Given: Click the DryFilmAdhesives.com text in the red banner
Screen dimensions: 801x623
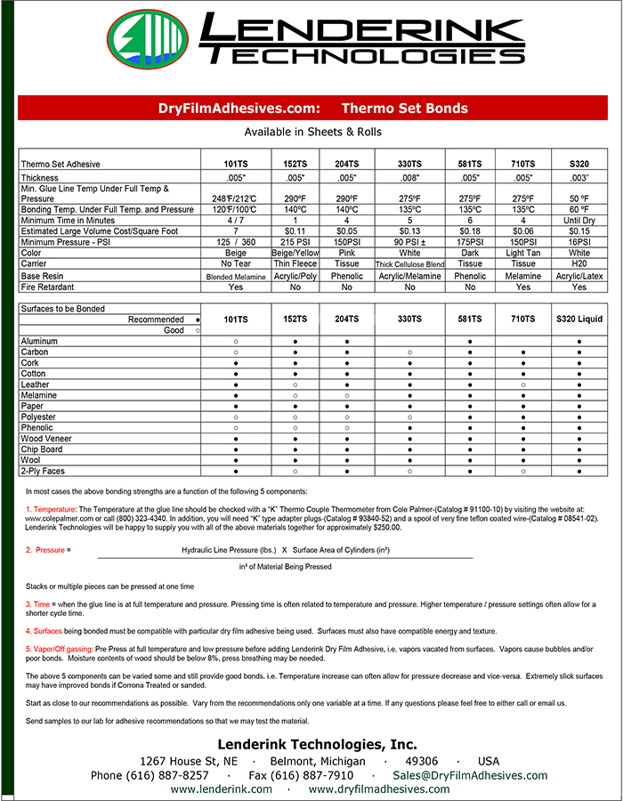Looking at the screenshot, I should [x=239, y=109].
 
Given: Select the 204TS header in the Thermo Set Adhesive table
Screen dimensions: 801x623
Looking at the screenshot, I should [x=347, y=164].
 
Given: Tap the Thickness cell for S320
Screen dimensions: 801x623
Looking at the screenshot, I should [x=579, y=177].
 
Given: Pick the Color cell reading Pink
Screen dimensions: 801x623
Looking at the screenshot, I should [x=347, y=253].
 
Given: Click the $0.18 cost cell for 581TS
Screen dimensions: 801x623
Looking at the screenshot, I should [x=469, y=231].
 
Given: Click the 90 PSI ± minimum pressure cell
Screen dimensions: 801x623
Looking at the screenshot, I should [x=409, y=242].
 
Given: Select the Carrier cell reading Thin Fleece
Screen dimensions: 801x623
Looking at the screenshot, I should [x=295, y=264].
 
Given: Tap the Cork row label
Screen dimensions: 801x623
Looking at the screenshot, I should [x=31, y=363].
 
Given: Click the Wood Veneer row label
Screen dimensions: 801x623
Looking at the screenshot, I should [x=45, y=438].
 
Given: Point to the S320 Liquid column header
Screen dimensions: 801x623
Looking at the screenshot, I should [x=579, y=319].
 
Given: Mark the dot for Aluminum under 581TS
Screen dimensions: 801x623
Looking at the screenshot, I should [x=469, y=341].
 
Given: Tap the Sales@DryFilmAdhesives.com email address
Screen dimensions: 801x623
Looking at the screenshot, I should [x=471, y=775].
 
